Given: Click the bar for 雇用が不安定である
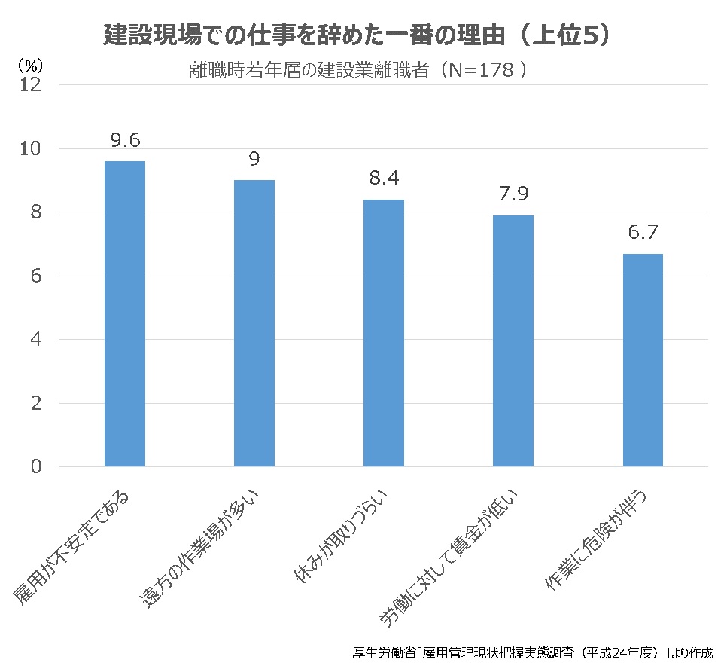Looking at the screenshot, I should coord(124,313).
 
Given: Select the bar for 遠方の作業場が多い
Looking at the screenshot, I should coord(254,323).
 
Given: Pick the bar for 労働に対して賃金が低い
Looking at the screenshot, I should coord(513,341).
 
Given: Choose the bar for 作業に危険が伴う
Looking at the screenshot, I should coord(642,360).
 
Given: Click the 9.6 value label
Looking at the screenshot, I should coord(125,141).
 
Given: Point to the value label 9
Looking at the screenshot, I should coord(254,160).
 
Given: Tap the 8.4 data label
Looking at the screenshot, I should coord(384,179).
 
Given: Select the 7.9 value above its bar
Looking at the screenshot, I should coord(513,194).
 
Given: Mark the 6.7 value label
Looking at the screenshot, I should coord(643,233).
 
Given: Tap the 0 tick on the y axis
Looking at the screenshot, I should coord(36,467).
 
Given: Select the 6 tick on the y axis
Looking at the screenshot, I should coord(36,276).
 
